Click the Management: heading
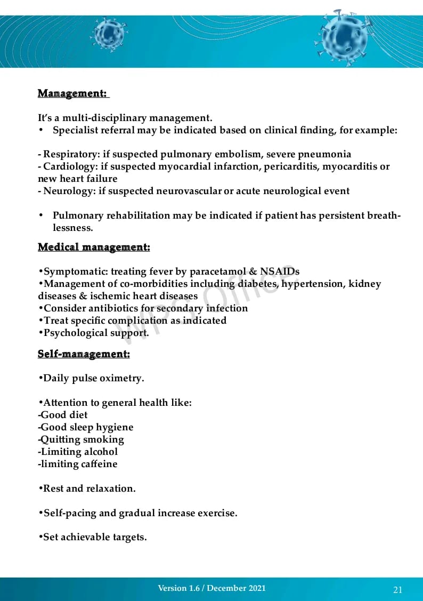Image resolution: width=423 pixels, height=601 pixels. [x=72, y=93]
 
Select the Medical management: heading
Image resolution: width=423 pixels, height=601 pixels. [x=94, y=247]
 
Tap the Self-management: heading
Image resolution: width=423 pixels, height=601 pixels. [x=84, y=354]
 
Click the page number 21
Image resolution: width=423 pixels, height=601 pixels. [x=397, y=589]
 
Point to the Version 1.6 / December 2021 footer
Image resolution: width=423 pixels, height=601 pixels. [x=211, y=588]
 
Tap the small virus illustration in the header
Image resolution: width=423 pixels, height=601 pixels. [x=109, y=35]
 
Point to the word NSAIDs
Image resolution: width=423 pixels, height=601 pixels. [x=280, y=271]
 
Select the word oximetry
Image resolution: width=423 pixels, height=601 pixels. [x=124, y=378]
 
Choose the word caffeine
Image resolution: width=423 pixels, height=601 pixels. [x=99, y=464]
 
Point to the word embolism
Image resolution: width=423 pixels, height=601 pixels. [x=238, y=154]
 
